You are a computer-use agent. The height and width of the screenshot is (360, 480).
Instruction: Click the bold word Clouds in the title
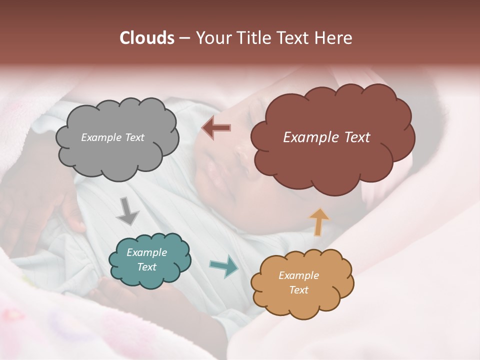pos(146,38)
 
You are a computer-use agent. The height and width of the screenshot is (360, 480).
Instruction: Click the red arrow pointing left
pos(216,127)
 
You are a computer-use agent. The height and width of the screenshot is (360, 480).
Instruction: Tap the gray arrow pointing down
pos(127,211)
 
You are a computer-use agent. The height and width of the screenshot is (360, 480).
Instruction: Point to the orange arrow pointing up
pos(319,221)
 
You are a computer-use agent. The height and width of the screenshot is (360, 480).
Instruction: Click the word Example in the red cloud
pos(310,137)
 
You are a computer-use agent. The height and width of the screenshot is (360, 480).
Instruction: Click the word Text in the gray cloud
pos(133,137)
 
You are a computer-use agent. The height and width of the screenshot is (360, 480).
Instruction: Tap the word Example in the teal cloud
pos(146,253)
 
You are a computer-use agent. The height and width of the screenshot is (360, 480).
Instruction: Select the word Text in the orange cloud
pos(298,290)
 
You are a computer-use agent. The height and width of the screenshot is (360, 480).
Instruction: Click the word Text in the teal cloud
pos(146,267)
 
